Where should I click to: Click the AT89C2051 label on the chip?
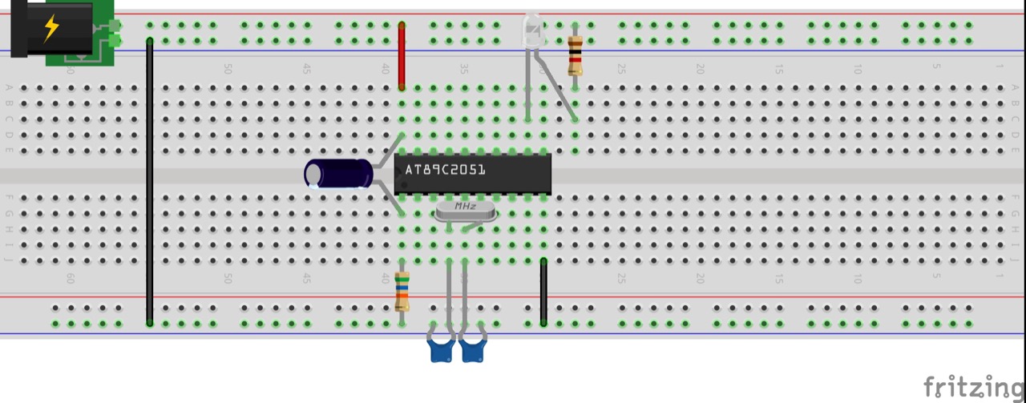click(x=446, y=170)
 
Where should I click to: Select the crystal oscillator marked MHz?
click(x=465, y=211)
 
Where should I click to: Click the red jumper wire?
click(x=402, y=56)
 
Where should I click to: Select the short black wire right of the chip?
click(x=543, y=292)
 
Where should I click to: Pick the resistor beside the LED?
click(x=575, y=55)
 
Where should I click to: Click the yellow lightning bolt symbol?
click(x=51, y=27)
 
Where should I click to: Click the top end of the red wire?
click(x=402, y=26)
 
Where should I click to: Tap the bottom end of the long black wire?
click(x=150, y=323)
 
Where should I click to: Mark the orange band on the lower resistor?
click(x=402, y=297)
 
